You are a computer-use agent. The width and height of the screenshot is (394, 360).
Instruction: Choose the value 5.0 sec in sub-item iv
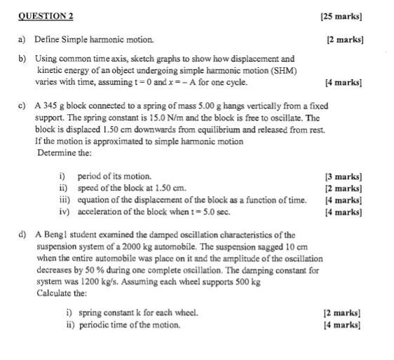tap(216, 211)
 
